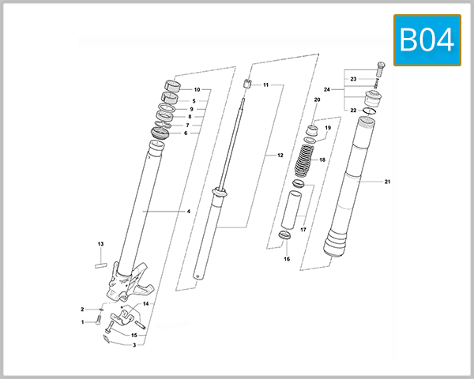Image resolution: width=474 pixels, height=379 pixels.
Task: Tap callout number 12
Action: pyautogui.click(x=280, y=156)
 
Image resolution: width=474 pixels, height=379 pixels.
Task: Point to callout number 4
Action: pyautogui.click(x=189, y=212)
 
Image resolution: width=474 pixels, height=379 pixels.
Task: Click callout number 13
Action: pyautogui.click(x=100, y=244)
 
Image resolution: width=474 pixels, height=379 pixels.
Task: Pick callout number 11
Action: pyautogui.click(x=266, y=84)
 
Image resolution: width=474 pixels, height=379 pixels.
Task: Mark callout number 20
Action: pyautogui.click(x=317, y=100)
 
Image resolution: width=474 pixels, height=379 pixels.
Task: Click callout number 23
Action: pyautogui.click(x=354, y=79)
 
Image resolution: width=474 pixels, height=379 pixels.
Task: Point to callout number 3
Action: pyautogui.click(x=134, y=345)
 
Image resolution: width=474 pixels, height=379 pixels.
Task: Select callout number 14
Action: pyautogui.click(x=145, y=304)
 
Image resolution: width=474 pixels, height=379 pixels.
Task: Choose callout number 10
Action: pyautogui.click(x=197, y=90)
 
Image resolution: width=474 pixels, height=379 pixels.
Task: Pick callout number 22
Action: pyautogui.click(x=354, y=111)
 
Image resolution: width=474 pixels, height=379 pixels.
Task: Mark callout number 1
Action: pyautogui.click(x=81, y=322)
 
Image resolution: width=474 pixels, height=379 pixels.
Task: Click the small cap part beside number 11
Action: pyautogui.click(x=246, y=85)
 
